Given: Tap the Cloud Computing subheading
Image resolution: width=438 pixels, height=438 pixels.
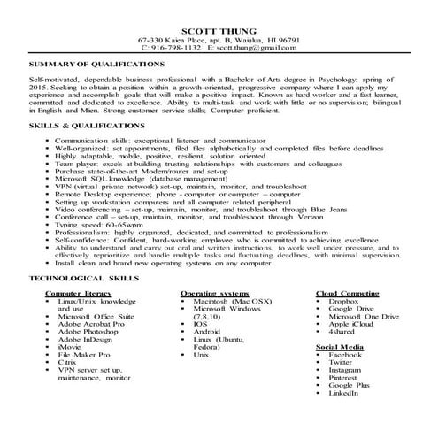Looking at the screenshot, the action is pos(351,291).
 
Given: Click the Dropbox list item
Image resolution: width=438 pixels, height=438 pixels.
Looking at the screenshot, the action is pos(345,300).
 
